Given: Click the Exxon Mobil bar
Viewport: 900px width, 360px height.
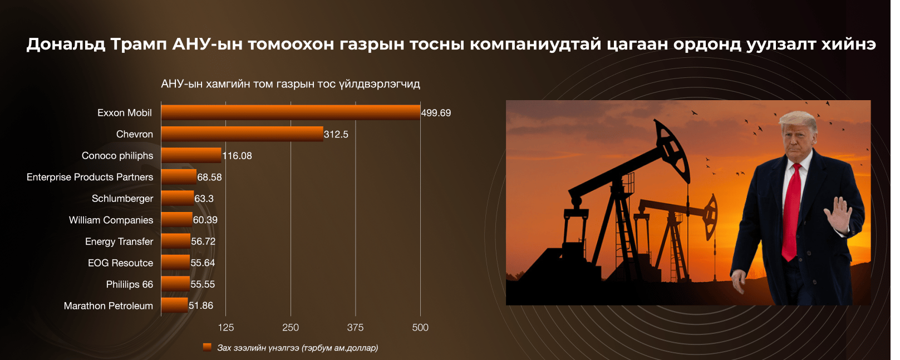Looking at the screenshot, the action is [x=291, y=112].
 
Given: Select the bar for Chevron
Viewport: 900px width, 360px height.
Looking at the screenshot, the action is [x=242, y=134].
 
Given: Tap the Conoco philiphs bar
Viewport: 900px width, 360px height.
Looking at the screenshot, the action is [x=191, y=155].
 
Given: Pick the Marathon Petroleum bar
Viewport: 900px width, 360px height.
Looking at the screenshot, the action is [x=174, y=305].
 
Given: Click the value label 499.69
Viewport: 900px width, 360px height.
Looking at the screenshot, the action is [x=436, y=113].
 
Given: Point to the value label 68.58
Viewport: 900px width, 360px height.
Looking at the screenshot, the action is [x=209, y=177].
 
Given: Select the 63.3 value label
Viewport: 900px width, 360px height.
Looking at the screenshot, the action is [x=204, y=199].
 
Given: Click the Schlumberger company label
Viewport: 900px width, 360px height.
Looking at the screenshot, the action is [x=122, y=199].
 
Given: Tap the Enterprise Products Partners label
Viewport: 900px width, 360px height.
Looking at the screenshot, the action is [x=90, y=177].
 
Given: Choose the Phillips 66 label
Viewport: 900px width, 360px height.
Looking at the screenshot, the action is [x=129, y=284].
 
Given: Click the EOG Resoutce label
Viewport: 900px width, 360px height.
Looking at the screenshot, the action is [x=121, y=263].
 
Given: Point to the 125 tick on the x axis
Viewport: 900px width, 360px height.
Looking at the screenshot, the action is [x=226, y=328].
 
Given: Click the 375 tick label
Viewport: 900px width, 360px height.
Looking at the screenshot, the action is [x=355, y=328].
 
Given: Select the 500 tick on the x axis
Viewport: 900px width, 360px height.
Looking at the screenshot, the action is [x=420, y=328].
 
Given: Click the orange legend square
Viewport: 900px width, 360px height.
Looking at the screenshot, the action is [x=207, y=347].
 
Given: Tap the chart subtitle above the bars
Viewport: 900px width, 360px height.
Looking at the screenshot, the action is [x=291, y=84].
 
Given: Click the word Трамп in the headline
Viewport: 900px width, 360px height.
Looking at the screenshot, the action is [x=139, y=44].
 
